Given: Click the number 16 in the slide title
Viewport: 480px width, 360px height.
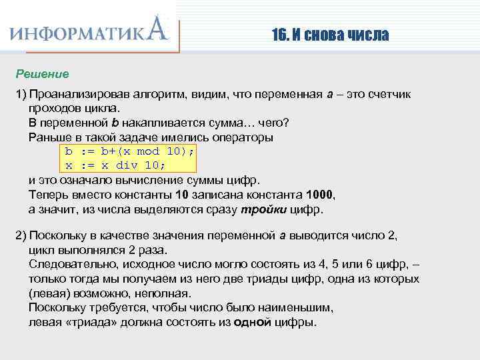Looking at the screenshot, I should coord(278,35).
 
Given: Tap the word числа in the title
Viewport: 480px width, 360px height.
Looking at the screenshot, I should coord(365,35).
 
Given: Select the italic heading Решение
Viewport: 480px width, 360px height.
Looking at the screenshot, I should coord(43,73).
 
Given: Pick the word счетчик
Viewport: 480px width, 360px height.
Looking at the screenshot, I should coord(388,95).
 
